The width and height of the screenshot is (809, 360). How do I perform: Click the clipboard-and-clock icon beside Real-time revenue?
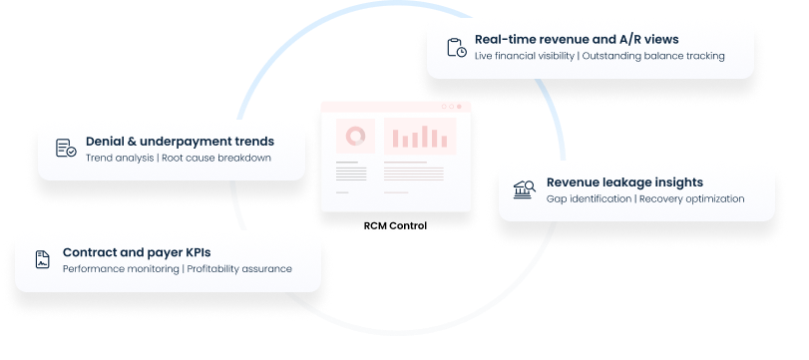coord(456,47)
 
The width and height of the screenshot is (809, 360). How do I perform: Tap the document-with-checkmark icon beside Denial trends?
coord(66,149)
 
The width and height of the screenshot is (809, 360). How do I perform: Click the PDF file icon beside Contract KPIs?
coord(42,260)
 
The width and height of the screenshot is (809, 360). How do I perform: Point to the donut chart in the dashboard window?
coord(354,135)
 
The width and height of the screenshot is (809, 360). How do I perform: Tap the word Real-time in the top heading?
coord(503,39)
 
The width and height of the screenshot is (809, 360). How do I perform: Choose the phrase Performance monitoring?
coord(120,268)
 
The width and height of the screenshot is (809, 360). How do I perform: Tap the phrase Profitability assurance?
coord(239,268)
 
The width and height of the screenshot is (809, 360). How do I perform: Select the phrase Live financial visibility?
coord(524,55)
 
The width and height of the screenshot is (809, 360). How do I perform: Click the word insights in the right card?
coord(679,182)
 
